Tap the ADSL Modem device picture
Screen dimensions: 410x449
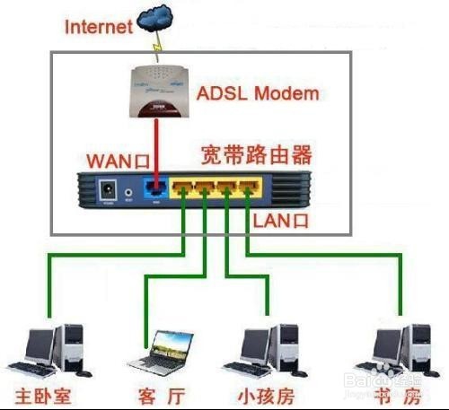pyautogui.click(x=161, y=90)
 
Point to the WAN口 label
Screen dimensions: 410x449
pyautogui.click(x=114, y=161)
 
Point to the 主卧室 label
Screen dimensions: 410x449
pyautogui.click(x=43, y=396)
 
